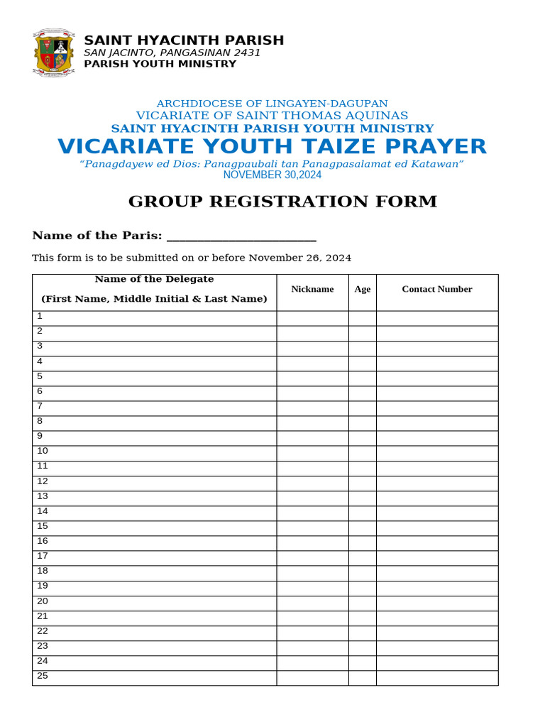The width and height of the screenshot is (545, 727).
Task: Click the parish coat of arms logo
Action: coord(54,53)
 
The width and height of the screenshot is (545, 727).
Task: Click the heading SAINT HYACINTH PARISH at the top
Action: coord(184,40)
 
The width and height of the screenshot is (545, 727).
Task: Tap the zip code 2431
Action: coord(247,53)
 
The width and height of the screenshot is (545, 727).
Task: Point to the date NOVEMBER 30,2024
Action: coord(272,175)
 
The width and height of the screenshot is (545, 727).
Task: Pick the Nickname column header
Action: coord(312,290)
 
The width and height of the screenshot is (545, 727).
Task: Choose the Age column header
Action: coord(362,290)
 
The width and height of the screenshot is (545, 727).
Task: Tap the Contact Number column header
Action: coord(436,290)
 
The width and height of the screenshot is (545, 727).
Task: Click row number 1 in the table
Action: coord(40,317)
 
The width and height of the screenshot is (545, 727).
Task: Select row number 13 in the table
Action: coord(43,496)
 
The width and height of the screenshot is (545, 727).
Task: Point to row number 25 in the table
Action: coord(43,676)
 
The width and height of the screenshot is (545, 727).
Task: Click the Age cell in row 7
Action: coord(362,408)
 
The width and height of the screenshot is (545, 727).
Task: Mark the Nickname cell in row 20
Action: coord(312,603)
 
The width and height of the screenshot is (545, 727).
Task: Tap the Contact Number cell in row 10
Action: coord(436,453)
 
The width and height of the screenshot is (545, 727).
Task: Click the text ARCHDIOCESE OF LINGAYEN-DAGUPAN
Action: coord(272,104)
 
